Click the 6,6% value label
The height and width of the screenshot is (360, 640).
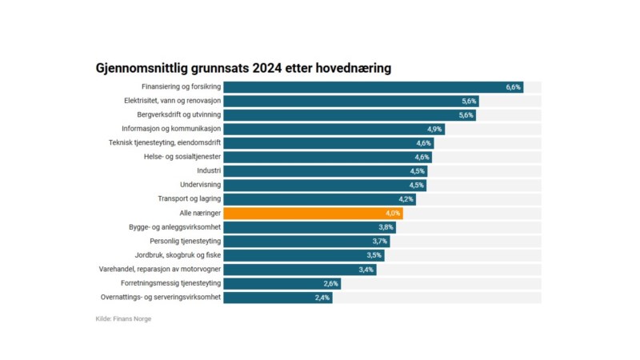pyautogui.click(x=513, y=87)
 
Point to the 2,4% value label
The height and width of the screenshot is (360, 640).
pyautogui.click(x=322, y=298)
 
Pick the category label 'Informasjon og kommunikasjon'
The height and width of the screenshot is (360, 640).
pyautogui.click(x=171, y=129)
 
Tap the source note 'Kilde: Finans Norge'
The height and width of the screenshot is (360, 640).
pyautogui.click(x=123, y=319)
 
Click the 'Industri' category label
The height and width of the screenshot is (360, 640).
pyautogui.click(x=209, y=171)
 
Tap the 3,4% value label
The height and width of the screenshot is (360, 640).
pyautogui.click(x=366, y=270)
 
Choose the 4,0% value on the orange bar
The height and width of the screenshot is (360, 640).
pyautogui.click(x=393, y=214)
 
